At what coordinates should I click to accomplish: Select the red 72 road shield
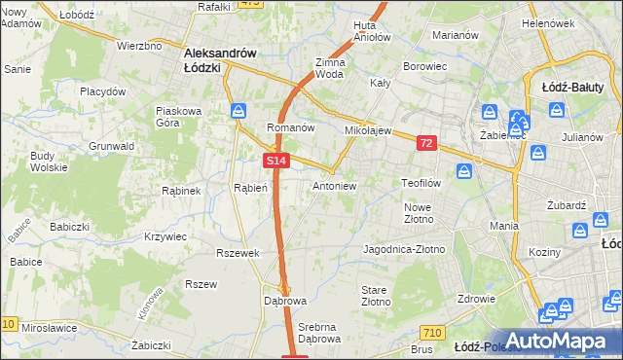(426, 143)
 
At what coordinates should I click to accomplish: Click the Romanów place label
(290, 127)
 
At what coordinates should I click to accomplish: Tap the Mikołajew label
(367, 129)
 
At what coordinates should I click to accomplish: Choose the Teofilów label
(423, 182)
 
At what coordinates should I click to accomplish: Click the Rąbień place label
(250, 188)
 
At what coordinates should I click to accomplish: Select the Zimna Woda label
(330, 68)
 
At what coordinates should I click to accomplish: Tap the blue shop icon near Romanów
(238, 111)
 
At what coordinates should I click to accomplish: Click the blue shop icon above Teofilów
(464, 171)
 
